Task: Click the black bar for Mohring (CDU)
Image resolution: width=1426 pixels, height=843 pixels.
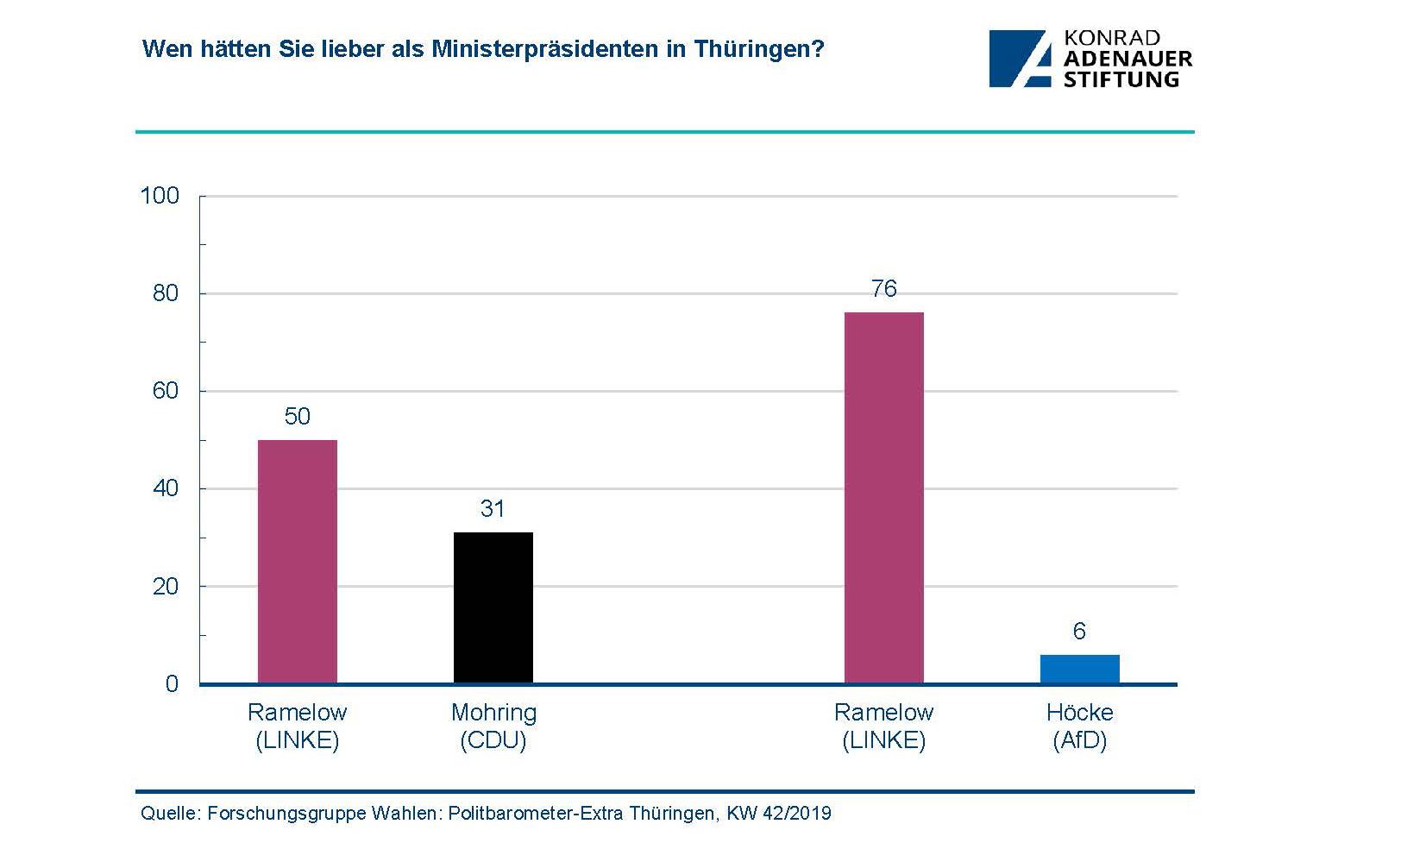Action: pyautogui.click(x=493, y=607)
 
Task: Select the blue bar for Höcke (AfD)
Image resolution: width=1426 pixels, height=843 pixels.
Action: pyautogui.click(x=1079, y=669)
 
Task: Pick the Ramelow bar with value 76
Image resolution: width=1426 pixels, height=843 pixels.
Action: pyautogui.click(x=883, y=498)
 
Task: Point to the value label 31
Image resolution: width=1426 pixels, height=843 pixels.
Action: pyautogui.click(x=493, y=509)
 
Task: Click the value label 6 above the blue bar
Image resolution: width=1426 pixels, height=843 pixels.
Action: pyautogui.click(x=1079, y=632)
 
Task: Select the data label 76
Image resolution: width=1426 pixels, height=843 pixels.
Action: pyautogui.click(x=883, y=289)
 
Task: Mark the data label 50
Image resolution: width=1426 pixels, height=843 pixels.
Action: pyautogui.click(x=297, y=417)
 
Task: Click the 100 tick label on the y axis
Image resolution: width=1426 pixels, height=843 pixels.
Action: pyautogui.click(x=160, y=196)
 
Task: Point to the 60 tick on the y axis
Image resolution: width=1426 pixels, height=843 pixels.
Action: pyautogui.click(x=165, y=391)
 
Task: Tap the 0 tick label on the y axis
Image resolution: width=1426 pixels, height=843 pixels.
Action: pyautogui.click(x=172, y=684)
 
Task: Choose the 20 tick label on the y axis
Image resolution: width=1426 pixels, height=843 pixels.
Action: pyautogui.click(x=165, y=587)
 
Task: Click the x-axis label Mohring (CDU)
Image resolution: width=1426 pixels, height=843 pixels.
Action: pyautogui.click(x=493, y=726)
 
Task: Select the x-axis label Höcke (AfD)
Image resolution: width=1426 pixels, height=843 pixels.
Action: pyautogui.click(x=1079, y=726)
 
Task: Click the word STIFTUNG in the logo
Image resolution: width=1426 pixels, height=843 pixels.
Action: pyautogui.click(x=1121, y=79)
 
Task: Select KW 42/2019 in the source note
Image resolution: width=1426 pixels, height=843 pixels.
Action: pyautogui.click(x=778, y=814)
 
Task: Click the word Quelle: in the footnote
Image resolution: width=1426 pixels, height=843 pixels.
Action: pyautogui.click(x=170, y=814)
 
